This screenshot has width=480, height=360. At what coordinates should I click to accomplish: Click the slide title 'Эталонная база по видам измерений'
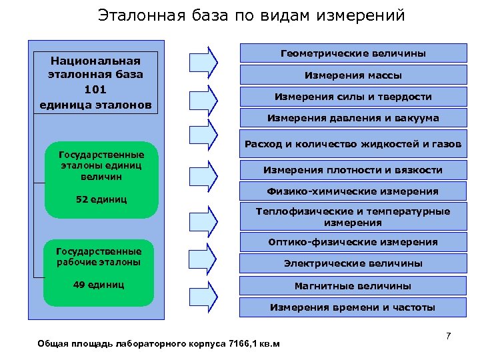point(251,15)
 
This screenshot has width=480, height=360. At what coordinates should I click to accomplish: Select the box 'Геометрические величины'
point(353,53)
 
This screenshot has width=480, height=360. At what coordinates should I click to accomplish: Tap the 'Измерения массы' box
point(353,75)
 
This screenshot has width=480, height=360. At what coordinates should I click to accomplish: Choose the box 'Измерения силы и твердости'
point(353,97)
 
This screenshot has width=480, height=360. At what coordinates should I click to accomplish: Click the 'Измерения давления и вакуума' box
point(353,119)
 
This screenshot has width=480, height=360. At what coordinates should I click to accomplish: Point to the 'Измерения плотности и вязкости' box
point(353,170)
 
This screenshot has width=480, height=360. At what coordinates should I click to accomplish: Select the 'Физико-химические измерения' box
point(353,191)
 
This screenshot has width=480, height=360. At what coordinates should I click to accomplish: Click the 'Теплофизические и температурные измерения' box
point(353,217)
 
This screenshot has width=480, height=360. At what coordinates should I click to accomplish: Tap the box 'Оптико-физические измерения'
point(353,242)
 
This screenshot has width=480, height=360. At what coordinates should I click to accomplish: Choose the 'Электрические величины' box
point(353,263)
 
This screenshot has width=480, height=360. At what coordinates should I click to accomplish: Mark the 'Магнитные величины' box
point(353,285)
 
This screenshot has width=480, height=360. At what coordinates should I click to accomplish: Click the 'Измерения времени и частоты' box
point(353,307)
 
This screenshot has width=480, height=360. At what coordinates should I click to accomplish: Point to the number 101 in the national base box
point(96,89)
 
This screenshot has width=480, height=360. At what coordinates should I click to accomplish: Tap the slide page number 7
point(448,335)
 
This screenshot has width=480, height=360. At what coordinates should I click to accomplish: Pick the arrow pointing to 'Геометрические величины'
point(204,62)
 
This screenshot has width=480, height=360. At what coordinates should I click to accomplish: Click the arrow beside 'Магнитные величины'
point(204,293)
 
